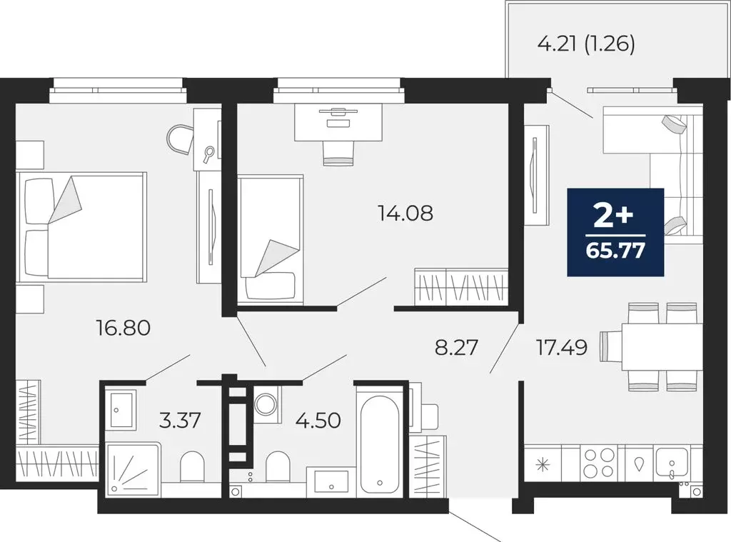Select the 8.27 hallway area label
click(x=457, y=348)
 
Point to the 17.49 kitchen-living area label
click(x=562, y=348)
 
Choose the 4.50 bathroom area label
click(x=318, y=419)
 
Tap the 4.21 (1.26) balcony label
click(x=585, y=44)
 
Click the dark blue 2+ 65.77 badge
click(x=615, y=232)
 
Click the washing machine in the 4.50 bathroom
click(x=268, y=403)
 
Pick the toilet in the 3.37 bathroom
click(x=192, y=468)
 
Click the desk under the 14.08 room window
click(x=338, y=121)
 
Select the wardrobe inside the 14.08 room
click(x=461, y=287)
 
